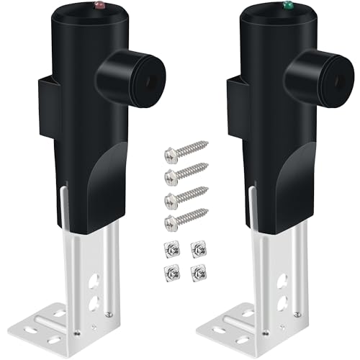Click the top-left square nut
click(171, 249)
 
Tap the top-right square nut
click(196, 249)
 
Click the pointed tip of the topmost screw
click(207, 144)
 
